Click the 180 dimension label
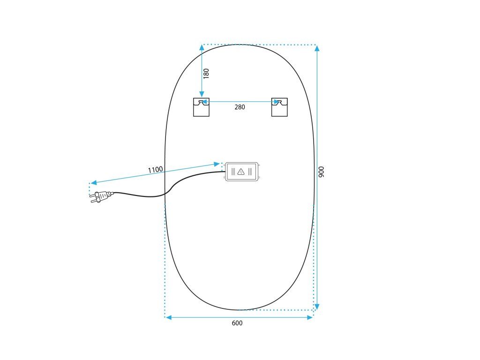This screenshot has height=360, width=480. click(206, 74)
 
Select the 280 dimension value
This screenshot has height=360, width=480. click(240, 107)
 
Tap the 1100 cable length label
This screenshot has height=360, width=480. click(155, 170)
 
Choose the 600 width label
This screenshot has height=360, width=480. click(237, 323)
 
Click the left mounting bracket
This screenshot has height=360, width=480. click(201, 107)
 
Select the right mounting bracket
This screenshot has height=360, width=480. click(279, 107)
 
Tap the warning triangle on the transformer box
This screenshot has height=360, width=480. click(241, 172)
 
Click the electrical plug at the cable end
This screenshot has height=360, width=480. click(102, 196)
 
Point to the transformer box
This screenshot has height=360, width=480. click(241, 172)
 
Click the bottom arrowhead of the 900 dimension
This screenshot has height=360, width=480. click(317, 307)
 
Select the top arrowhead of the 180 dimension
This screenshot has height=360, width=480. click(202, 47)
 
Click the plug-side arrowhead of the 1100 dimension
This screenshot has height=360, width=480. click(94, 182)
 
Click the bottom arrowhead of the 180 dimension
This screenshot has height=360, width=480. click(202, 95)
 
